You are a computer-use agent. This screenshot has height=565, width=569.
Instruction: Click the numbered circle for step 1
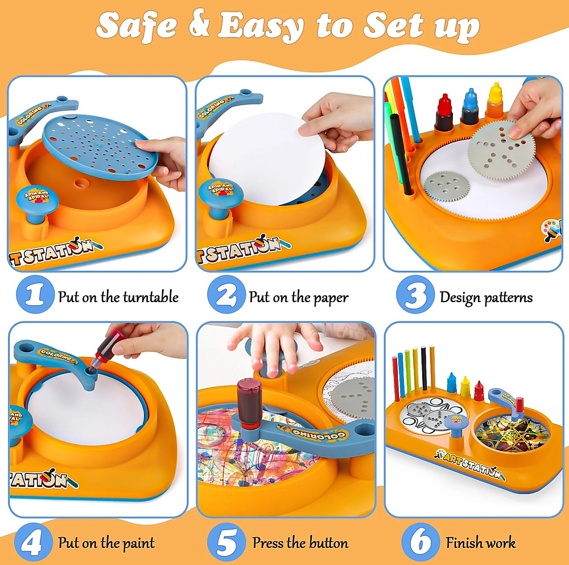(x=35, y=295)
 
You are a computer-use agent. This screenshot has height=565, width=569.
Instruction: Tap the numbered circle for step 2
(x=226, y=295)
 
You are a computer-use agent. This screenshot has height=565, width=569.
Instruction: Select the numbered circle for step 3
(x=415, y=295)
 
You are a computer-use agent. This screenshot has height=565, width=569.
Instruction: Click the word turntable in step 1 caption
(x=151, y=297)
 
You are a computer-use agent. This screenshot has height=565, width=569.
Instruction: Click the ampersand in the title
(x=199, y=24)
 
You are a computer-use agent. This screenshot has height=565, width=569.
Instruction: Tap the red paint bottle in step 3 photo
(x=444, y=113)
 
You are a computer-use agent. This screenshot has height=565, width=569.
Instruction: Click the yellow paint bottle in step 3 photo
(x=495, y=102)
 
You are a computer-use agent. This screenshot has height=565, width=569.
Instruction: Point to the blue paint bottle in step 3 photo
(x=471, y=107)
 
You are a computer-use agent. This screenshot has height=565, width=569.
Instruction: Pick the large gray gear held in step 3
(x=501, y=150)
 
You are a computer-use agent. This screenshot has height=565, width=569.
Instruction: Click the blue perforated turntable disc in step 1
(x=100, y=147)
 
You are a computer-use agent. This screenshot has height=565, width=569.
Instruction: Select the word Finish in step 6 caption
(x=464, y=542)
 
